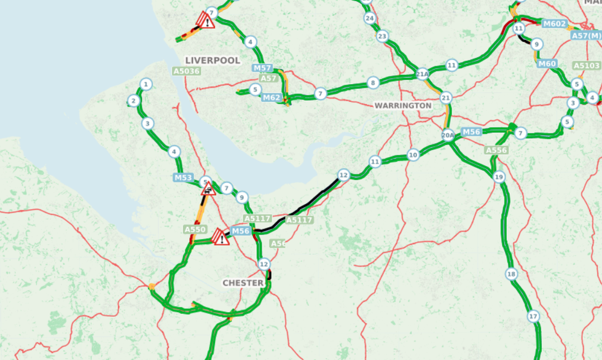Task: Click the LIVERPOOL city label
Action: pos(212,60)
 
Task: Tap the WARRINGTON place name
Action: pos(403,106)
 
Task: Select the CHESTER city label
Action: pos(243,283)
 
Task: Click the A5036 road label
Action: pos(186,71)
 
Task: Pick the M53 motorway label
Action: pos(183,178)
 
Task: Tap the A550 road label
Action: pos(195,229)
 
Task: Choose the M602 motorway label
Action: pos(554,23)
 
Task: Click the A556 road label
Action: pos(496,150)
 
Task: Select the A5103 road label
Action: pos(586,66)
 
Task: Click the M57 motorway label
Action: pos(262,68)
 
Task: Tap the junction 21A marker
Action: pos(422,74)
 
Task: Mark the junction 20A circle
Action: pos(448,135)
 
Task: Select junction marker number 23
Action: pos(383,36)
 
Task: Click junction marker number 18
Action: pos(511,273)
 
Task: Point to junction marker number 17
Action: pos(533,316)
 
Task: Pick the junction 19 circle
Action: pos(499,177)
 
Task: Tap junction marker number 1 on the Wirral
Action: pos(146,84)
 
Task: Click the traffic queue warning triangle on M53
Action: pos(208,189)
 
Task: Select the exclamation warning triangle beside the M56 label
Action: pos(220,237)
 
